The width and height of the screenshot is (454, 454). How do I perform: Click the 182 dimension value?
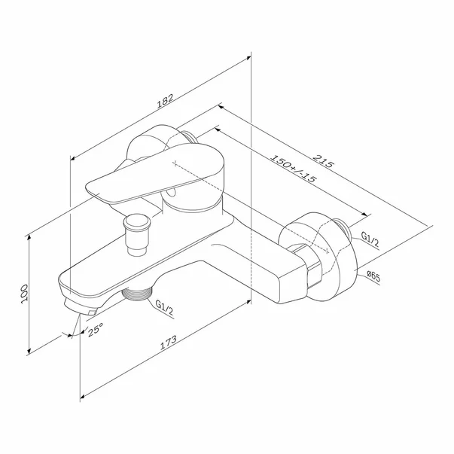(x=165, y=101)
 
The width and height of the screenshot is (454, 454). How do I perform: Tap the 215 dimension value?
(x=323, y=161)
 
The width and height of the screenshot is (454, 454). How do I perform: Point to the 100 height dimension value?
(x=24, y=294)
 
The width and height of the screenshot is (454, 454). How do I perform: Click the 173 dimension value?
(x=168, y=343)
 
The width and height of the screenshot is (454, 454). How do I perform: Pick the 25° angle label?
(x=96, y=330)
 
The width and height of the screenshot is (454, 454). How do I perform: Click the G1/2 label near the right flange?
(x=370, y=239)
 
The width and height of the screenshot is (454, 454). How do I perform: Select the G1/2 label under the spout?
(x=164, y=307)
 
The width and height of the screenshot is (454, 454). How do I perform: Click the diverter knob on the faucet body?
(x=137, y=234)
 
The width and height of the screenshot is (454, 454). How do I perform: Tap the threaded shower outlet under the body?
(x=137, y=294)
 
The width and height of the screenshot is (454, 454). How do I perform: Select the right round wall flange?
(x=317, y=257)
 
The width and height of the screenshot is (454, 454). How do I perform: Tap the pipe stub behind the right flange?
(x=343, y=228)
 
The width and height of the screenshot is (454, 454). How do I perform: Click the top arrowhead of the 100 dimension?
(x=29, y=238)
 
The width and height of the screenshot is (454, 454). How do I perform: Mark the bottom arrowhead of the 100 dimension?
(x=29, y=351)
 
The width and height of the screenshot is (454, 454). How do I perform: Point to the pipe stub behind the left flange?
(x=190, y=137)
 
